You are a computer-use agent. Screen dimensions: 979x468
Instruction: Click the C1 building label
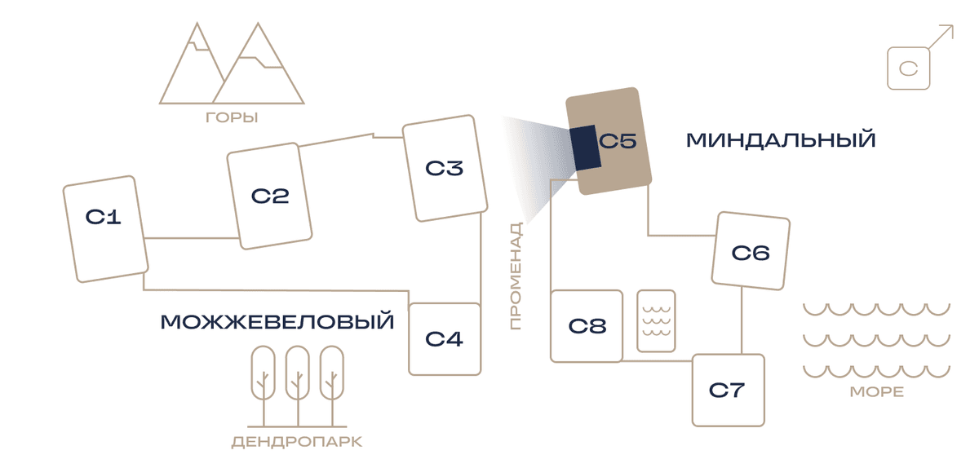(103, 217)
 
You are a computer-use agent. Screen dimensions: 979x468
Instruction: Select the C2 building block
(269, 196)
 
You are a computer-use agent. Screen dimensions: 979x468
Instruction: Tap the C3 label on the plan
(444, 168)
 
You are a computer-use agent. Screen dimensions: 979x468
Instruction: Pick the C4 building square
(445, 339)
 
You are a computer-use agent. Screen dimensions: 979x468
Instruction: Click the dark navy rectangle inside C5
(585, 148)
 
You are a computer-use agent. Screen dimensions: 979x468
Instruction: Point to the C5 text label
(617, 141)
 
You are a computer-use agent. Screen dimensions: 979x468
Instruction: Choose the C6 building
(751, 251)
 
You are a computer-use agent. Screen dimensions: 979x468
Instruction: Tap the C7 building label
(726, 390)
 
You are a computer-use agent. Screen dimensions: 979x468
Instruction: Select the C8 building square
(587, 326)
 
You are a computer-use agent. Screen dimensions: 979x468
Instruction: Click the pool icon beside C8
(656, 320)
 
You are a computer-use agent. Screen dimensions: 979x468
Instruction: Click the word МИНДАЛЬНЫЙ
(781, 140)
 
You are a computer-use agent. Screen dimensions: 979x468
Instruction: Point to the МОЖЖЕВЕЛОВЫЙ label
(277, 321)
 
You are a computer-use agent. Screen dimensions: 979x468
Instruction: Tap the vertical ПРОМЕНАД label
(516, 276)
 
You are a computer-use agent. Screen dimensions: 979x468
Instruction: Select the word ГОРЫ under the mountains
(232, 117)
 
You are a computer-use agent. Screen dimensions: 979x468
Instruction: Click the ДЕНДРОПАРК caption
(297, 442)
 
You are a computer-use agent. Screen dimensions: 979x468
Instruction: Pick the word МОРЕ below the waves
(877, 391)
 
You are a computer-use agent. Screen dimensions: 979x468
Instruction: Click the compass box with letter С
(909, 68)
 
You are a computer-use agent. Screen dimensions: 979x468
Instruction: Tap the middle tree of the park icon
(298, 386)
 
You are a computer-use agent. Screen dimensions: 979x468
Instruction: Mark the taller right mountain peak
(258, 24)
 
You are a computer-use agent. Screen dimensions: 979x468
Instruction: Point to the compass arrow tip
(953, 26)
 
